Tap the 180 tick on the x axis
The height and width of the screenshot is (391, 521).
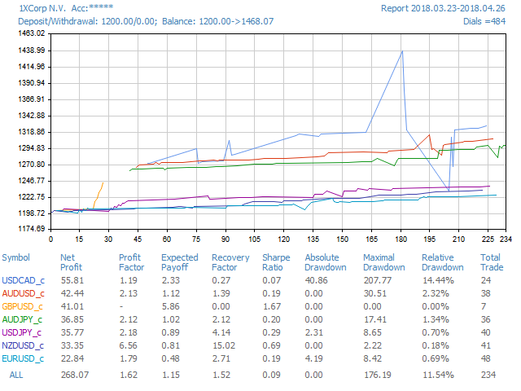pos(147,239)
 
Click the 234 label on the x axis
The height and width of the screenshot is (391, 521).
pos(506,239)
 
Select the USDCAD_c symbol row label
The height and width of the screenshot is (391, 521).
pos(24,280)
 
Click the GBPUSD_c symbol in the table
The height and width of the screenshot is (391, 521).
pos(24,305)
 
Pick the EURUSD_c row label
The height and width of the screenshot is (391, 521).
pos(24,357)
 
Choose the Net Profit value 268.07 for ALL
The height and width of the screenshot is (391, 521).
pos(72,375)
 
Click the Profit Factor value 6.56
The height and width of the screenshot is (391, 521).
pos(128,344)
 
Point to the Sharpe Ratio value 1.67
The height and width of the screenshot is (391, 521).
pos(270,305)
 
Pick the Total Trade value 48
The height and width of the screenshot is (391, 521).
pos(486,357)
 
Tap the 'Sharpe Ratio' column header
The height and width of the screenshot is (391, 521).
pos(276,262)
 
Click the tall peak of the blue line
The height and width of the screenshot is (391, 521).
pos(402,51)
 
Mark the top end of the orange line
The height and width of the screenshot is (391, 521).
pos(103,182)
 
